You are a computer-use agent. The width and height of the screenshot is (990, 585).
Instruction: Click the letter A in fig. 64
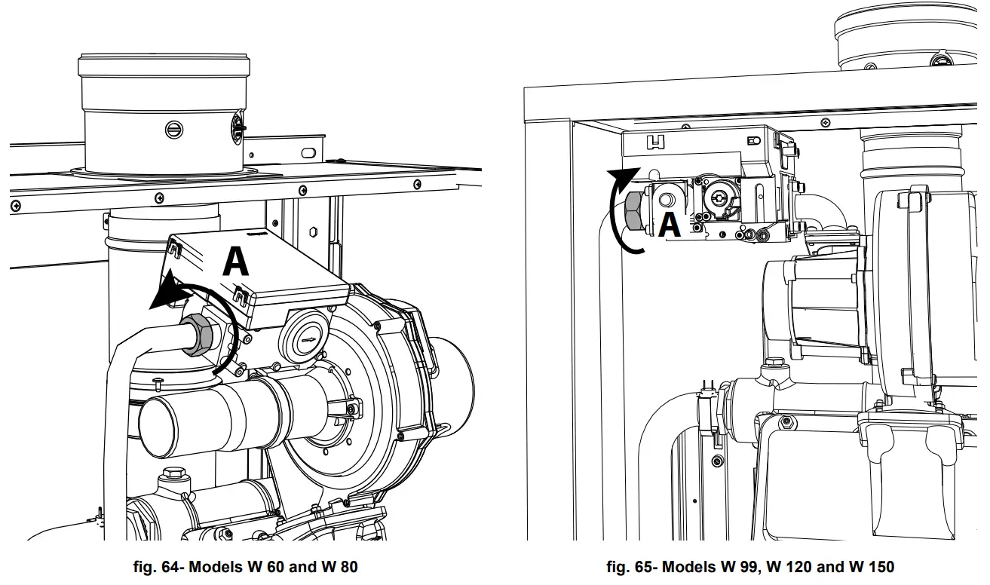235,262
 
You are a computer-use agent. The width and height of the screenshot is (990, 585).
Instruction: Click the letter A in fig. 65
670,224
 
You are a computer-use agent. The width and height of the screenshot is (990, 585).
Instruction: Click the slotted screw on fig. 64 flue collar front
173,130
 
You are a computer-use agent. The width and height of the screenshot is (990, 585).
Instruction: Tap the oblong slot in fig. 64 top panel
308,152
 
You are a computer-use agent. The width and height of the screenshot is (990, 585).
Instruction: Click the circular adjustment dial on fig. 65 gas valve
716,198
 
